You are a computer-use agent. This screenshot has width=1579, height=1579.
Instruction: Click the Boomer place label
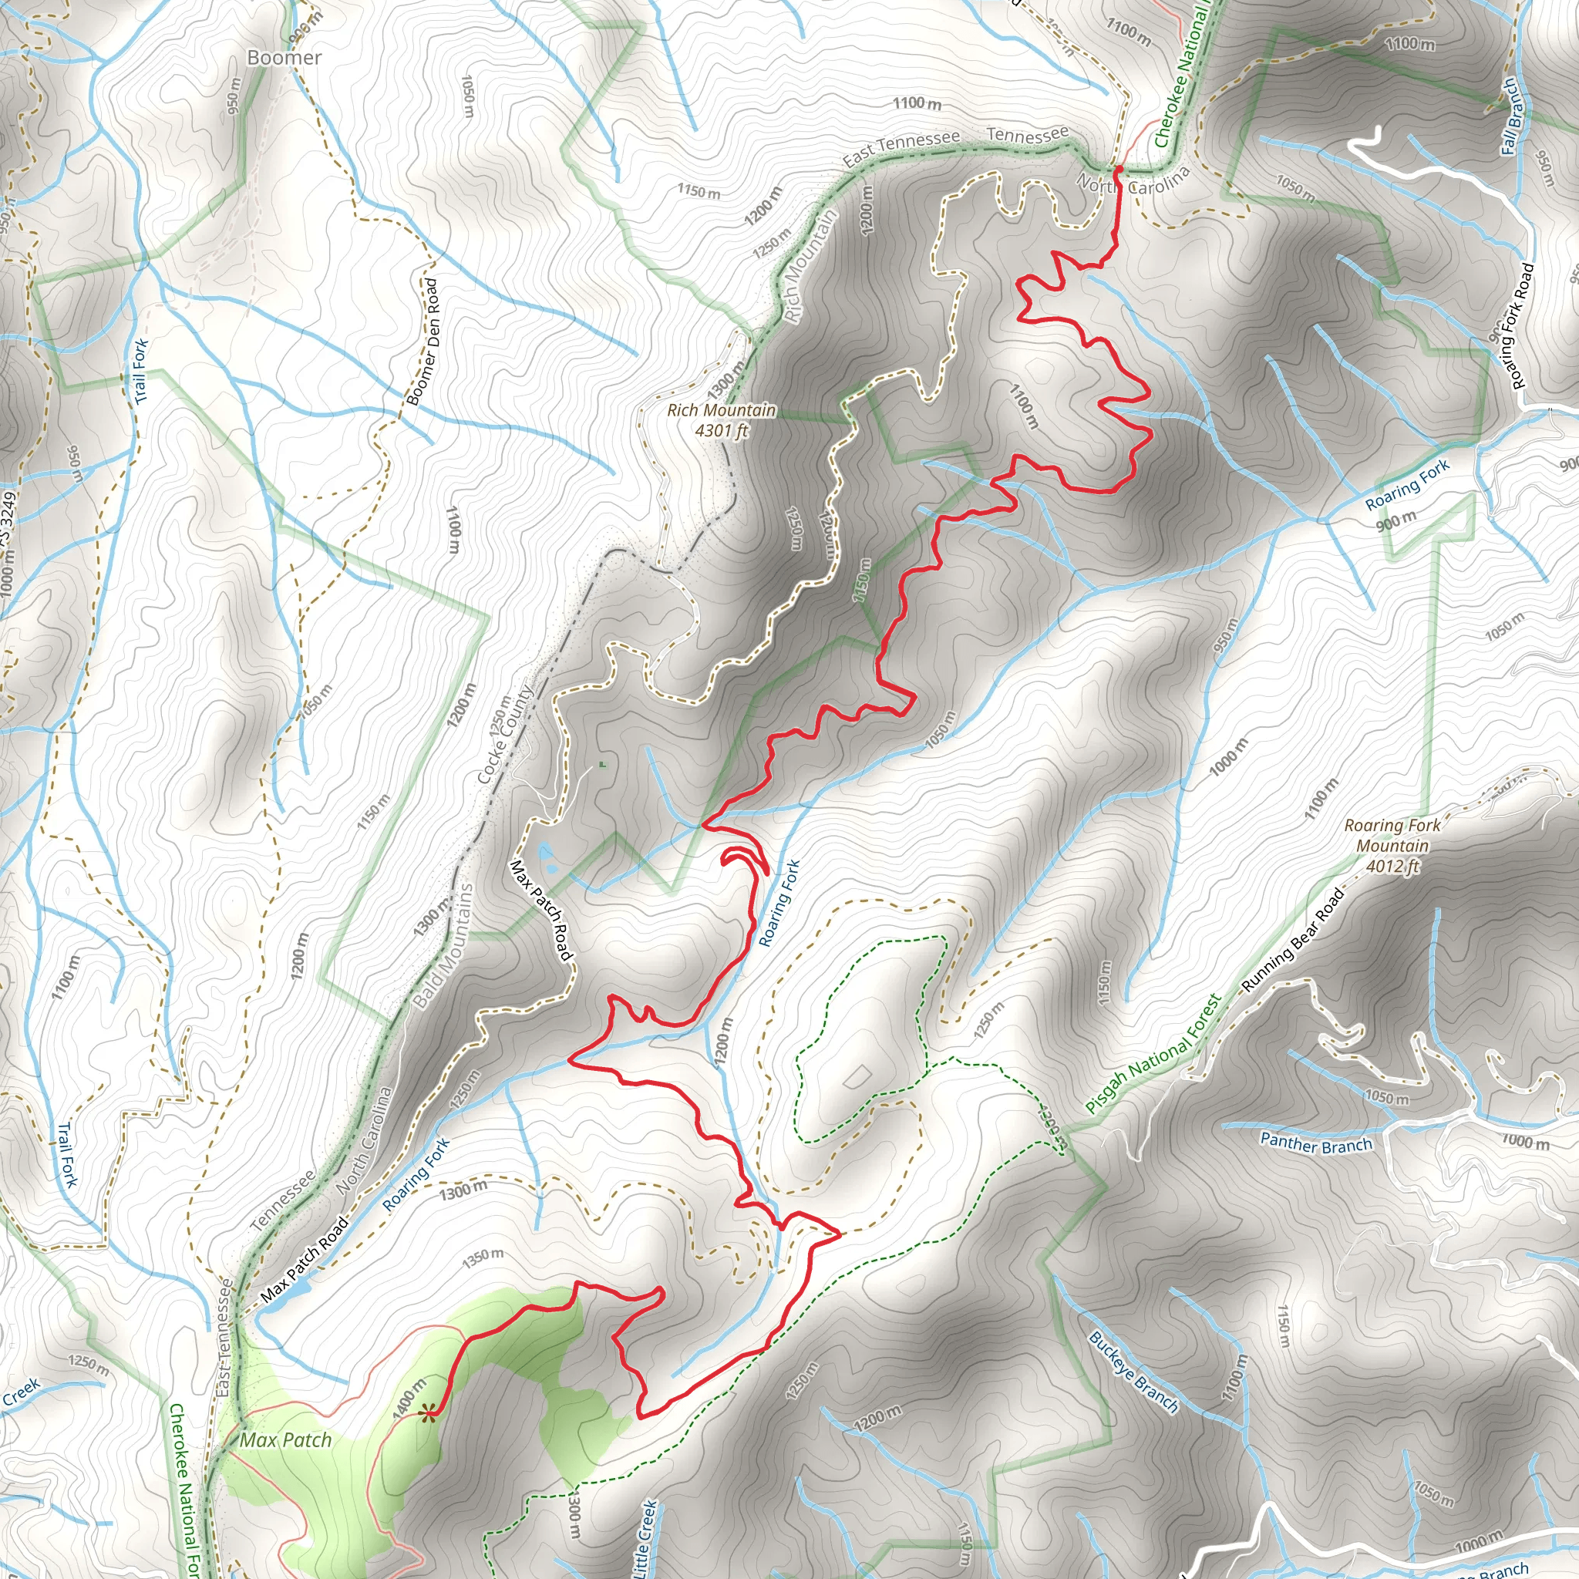tap(284, 57)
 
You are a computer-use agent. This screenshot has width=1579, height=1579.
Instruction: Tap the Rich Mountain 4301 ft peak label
tap(722, 420)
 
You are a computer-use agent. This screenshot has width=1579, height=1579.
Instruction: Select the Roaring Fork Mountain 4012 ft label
tap(1392, 846)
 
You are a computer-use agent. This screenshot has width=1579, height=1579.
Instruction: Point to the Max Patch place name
tap(286, 1440)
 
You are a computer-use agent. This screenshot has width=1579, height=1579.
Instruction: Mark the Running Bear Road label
tap(1293, 941)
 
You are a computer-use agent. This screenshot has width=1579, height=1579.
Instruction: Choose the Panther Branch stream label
tap(1316, 1143)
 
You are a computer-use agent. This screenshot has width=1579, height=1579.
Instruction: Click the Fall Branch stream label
tap(1511, 117)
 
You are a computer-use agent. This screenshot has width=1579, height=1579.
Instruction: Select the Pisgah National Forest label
tap(1153, 1053)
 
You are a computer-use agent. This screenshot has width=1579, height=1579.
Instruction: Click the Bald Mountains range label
tap(444, 947)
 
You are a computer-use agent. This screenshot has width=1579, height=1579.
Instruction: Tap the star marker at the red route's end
tap(426, 1415)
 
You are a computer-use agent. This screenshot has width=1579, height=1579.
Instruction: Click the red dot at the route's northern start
tap(1118, 169)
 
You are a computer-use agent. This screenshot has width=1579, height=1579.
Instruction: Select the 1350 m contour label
tap(482, 1256)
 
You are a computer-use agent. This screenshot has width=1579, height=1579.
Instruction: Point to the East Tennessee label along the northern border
tap(901, 147)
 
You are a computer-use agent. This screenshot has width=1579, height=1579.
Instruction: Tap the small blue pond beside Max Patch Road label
tap(546, 857)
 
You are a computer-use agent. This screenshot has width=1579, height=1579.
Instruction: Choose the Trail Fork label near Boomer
tap(140, 370)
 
